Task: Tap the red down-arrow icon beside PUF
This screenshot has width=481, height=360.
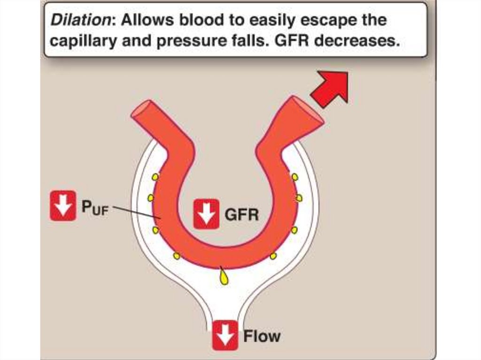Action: (63, 206)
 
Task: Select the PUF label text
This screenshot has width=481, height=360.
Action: (94, 207)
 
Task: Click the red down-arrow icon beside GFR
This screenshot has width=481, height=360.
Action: (206, 214)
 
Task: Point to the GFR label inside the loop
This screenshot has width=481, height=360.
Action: (241, 215)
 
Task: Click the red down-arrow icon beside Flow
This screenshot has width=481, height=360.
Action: (225, 335)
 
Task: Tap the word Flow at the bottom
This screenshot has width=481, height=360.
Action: (262, 336)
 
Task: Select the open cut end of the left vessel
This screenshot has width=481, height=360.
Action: (140, 110)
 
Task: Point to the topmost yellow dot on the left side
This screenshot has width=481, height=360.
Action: (155, 177)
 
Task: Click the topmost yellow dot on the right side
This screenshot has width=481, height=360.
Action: (295, 177)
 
